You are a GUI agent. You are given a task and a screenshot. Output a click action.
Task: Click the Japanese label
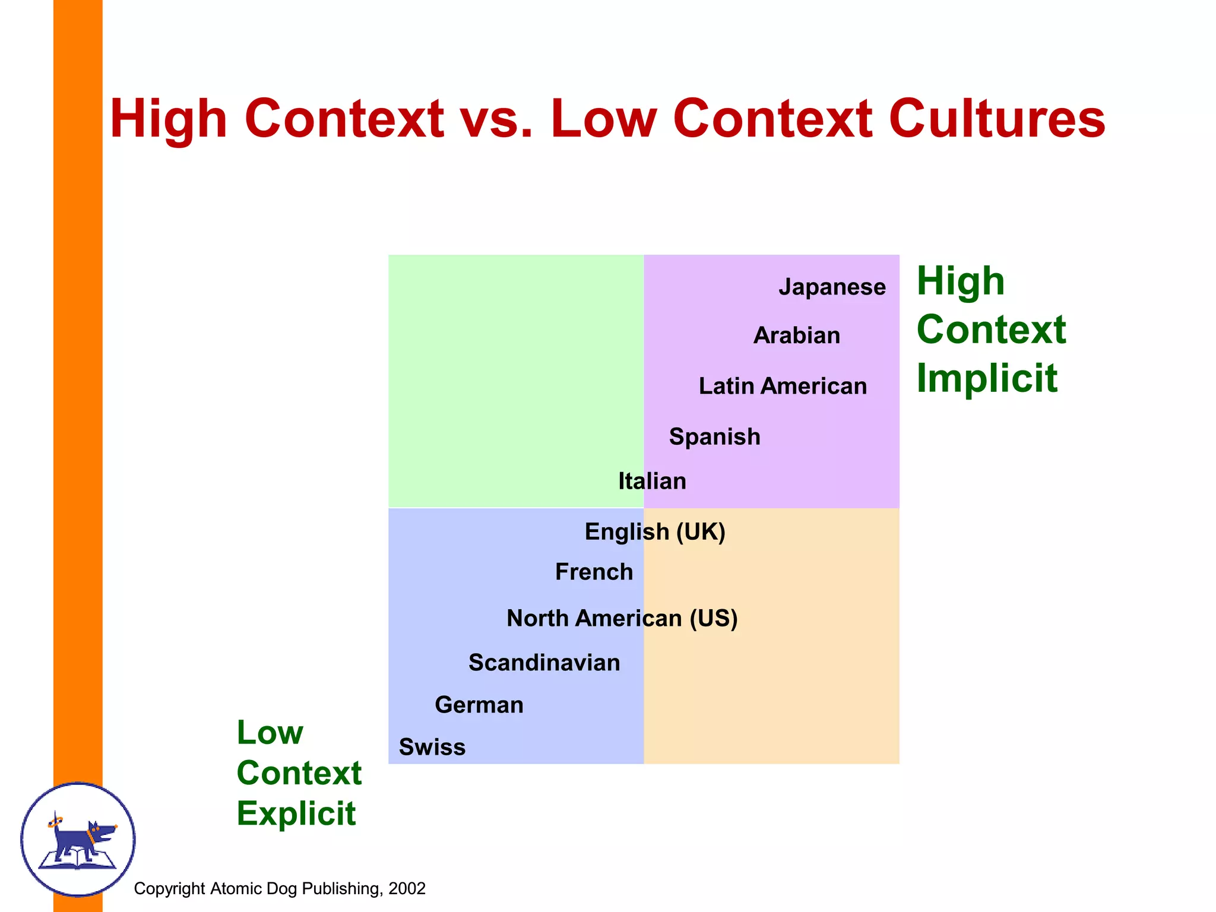(832, 287)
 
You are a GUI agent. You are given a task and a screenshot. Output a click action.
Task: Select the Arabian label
(797, 335)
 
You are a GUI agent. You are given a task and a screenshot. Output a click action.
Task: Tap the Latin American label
(783, 386)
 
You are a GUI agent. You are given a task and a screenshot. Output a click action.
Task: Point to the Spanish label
(714, 436)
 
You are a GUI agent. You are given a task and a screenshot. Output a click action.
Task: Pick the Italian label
(652, 481)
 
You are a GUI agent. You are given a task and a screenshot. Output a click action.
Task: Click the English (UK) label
(655, 531)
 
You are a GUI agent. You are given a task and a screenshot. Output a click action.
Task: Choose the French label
(594, 572)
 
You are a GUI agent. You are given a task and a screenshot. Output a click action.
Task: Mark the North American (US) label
(622, 618)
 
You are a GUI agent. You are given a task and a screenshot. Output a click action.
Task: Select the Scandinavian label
(544, 663)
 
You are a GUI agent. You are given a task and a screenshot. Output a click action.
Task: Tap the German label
(479, 705)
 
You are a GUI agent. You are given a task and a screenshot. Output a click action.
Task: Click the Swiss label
(432, 747)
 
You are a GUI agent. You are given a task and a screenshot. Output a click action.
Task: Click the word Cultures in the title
(997, 119)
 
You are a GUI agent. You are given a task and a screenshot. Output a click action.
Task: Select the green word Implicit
(987, 378)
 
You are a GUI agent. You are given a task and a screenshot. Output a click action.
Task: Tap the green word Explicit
(296, 813)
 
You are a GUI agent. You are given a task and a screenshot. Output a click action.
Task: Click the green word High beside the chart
(961, 281)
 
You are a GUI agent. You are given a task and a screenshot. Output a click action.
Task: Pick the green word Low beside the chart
(270, 732)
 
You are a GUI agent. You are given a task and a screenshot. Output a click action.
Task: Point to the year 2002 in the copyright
(407, 888)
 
